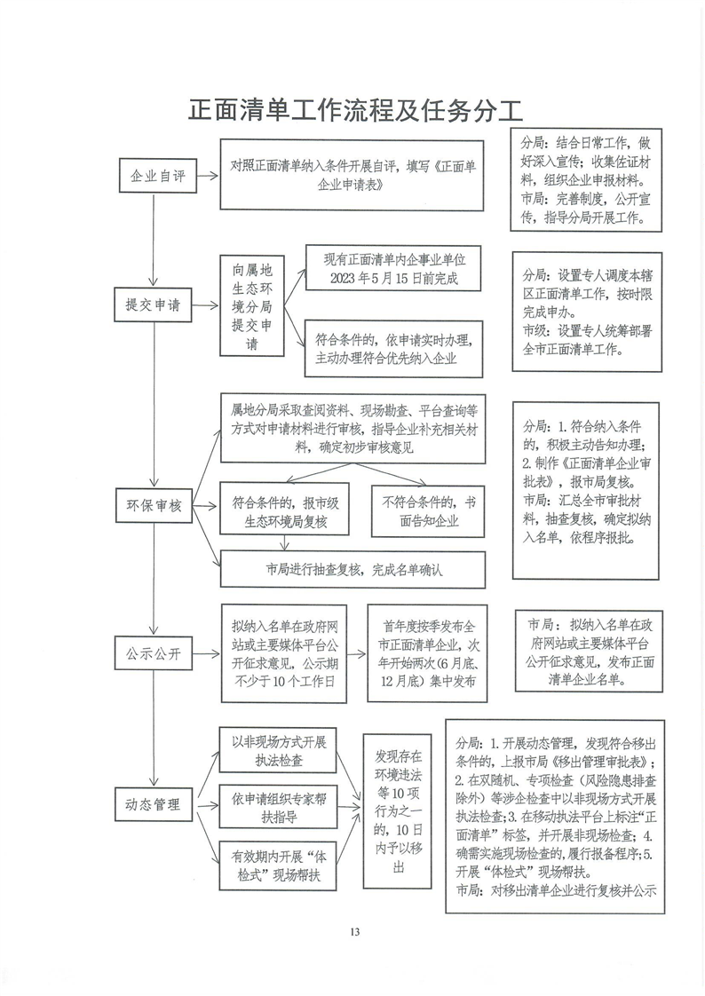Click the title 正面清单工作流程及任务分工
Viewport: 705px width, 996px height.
[x=356, y=109]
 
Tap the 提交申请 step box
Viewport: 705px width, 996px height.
[x=153, y=304]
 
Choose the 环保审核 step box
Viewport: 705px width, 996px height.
[x=153, y=506]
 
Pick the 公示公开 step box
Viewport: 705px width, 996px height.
[x=153, y=653]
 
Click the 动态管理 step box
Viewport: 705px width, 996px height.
[x=153, y=804]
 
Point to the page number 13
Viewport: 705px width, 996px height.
[x=354, y=932]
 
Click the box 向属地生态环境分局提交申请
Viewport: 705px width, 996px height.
[x=252, y=306]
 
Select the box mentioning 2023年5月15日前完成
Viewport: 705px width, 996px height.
[x=393, y=268]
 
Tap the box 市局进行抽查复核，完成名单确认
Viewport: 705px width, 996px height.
[x=353, y=570]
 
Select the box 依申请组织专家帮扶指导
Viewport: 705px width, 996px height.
[x=278, y=807]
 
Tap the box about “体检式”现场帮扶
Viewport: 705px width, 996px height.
[x=278, y=866]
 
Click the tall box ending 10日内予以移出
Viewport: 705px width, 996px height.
[x=397, y=811]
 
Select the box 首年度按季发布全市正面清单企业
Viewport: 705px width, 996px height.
[x=427, y=653]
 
